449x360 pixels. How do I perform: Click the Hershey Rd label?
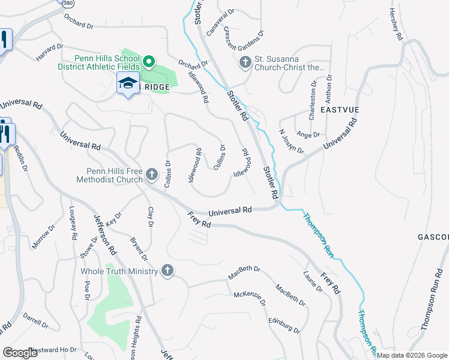pos(396,25)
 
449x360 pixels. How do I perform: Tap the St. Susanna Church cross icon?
pos(245,62)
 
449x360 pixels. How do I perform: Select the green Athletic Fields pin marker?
pos(149,61)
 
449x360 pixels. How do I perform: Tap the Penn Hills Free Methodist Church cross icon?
pos(152,175)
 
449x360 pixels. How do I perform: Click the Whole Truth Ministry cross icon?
pos(167,271)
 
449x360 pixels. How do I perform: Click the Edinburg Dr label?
pos(284,325)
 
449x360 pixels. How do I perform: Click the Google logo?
pos(20,353)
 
